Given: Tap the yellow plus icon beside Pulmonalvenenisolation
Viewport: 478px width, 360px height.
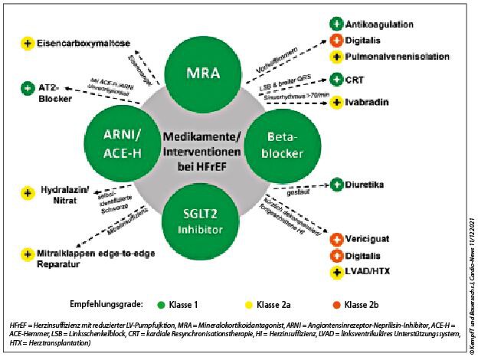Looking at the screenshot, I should pos(336,57).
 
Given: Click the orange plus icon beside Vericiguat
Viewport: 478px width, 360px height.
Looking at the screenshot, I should pos(336,239).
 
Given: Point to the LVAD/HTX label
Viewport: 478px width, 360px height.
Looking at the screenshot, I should pos(369,272).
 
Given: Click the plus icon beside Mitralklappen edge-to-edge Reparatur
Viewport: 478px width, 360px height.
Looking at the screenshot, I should pos(28,253).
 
